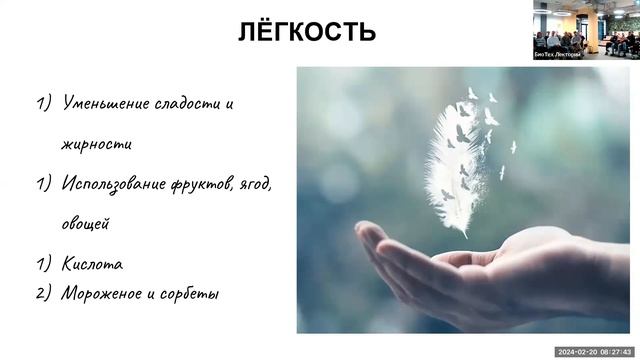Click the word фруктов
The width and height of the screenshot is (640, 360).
coord(215,184)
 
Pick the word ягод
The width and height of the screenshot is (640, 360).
coord(278,185)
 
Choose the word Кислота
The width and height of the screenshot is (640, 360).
coord(92,265)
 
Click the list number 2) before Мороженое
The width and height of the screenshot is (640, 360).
coord(44,294)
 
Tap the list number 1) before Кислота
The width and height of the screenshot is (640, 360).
coord(44,265)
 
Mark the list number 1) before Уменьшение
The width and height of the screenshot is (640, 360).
coord(44,103)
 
